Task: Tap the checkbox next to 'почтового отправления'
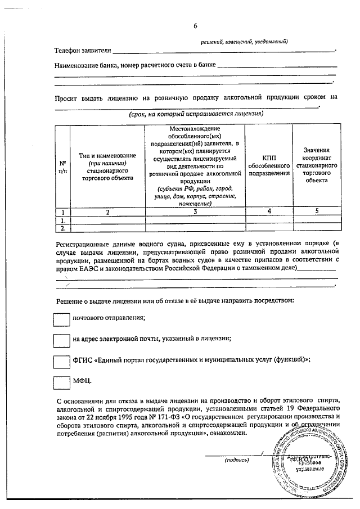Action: (61, 319)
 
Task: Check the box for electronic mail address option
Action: (61, 340)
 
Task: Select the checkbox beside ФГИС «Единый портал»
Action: (61, 361)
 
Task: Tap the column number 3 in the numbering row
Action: (194, 212)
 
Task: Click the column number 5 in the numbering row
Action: (316, 212)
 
